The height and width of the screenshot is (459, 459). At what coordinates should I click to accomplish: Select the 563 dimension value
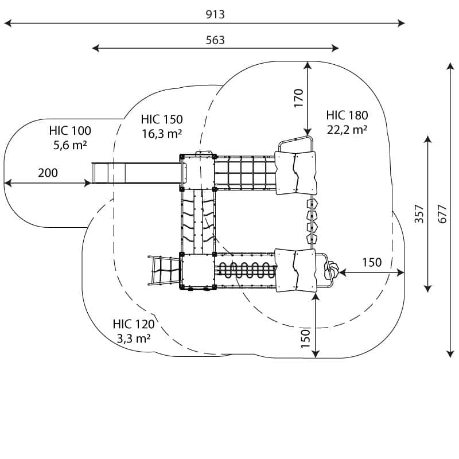[215, 40]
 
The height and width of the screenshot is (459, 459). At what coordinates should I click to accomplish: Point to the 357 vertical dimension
[419, 213]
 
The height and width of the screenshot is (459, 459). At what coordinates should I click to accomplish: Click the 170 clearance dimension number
[298, 98]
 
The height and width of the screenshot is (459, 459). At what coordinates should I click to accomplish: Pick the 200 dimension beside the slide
[48, 173]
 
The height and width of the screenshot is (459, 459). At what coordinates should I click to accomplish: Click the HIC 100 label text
[70, 131]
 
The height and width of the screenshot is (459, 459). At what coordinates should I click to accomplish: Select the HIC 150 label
[162, 119]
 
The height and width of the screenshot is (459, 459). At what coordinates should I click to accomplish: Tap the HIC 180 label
[347, 115]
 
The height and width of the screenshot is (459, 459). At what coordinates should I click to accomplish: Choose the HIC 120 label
[134, 324]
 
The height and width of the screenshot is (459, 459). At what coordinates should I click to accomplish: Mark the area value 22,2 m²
[347, 130]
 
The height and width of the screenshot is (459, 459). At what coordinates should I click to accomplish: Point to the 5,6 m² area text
[70, 145]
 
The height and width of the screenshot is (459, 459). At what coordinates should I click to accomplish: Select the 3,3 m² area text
[134, 339]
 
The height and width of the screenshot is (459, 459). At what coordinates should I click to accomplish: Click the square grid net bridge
[244, 173]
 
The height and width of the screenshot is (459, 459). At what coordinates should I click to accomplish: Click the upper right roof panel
[295, 173]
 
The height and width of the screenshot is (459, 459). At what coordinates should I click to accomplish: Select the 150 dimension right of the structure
[372, 262]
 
